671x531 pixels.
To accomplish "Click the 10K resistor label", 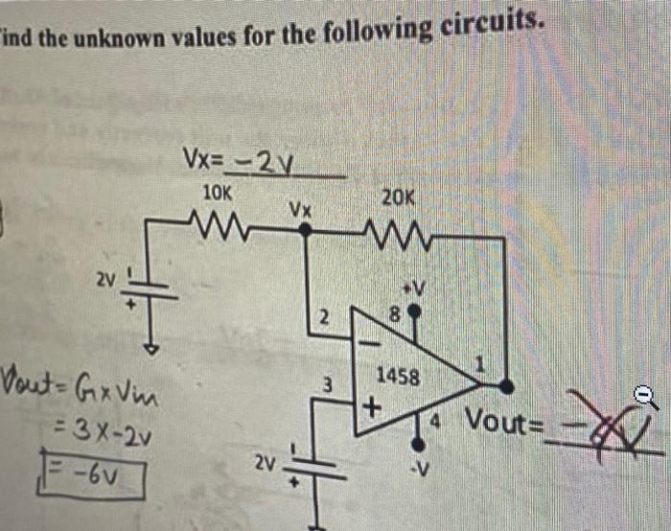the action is point(218,192).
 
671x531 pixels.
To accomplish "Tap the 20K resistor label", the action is point(398,197).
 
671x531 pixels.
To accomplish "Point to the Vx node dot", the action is point(305,230).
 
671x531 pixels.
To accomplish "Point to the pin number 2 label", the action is point(324,315).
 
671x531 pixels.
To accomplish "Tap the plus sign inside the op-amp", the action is point(370,407).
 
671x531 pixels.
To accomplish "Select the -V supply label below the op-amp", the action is point(417,468).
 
